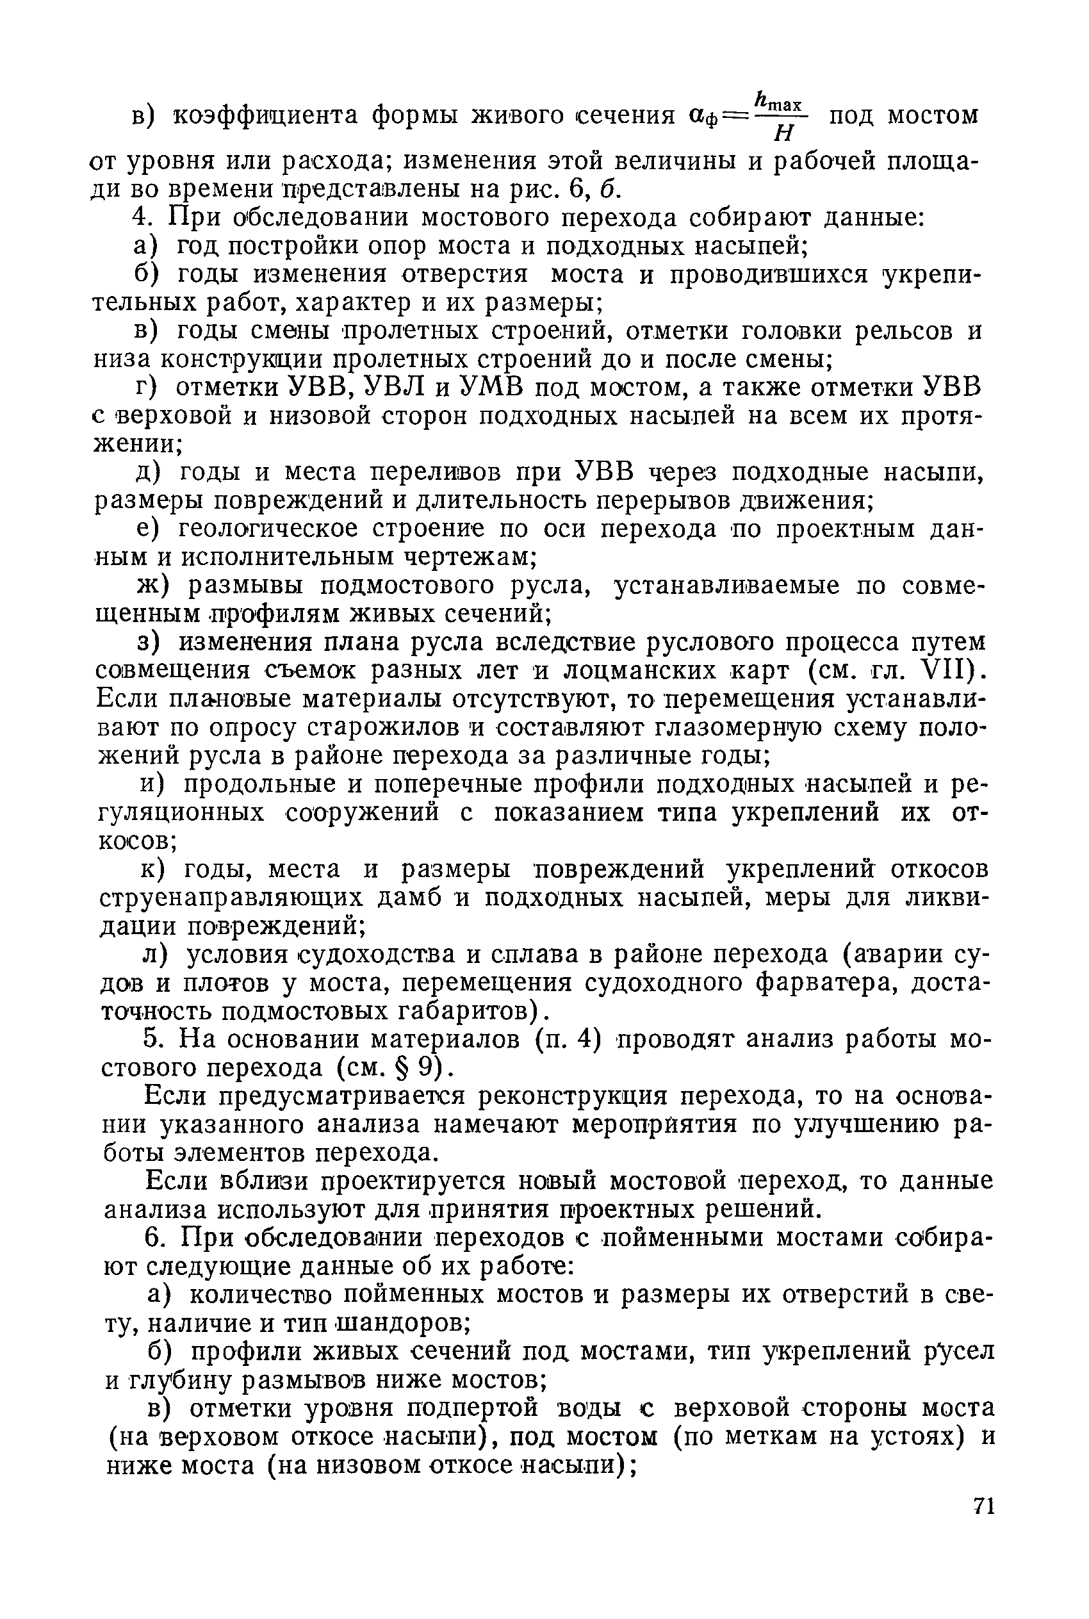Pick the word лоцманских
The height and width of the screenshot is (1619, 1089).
(x=625, y=670)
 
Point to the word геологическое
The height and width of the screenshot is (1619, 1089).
(x=266, y=529)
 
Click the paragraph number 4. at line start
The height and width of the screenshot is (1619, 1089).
(x=141, y=218)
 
